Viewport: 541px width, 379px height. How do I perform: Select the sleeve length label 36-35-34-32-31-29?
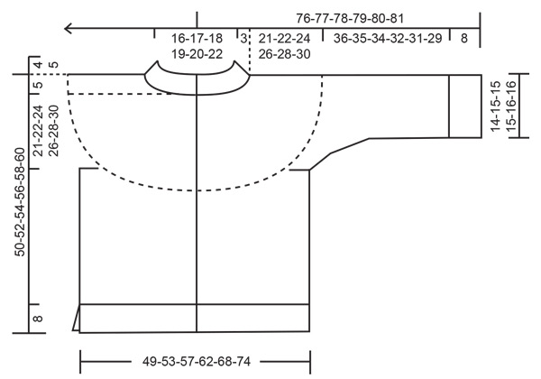point(386,39)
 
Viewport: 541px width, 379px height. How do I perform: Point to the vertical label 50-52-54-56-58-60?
point(21,205)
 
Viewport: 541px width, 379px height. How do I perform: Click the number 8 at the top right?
point(463,39)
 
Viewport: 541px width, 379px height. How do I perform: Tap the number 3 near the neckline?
point(243,39)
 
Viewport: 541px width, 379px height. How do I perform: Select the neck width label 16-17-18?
point(197,39)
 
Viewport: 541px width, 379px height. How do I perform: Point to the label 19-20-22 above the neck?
point(197,54)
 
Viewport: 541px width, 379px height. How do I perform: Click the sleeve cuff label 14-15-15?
point(495,107)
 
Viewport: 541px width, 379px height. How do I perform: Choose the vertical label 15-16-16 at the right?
point(510,107)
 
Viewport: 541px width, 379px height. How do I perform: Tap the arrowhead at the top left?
point(69,30)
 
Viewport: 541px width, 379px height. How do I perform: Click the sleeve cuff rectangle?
point(465,106)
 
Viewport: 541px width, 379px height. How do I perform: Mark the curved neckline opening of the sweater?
point(197,87)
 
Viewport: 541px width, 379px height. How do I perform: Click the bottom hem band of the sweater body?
point(196,318)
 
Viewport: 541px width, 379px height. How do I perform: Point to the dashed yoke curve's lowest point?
point(197,189)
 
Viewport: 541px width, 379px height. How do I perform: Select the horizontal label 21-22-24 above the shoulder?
point(284,39)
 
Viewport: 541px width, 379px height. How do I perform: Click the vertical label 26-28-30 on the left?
point(54,133)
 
